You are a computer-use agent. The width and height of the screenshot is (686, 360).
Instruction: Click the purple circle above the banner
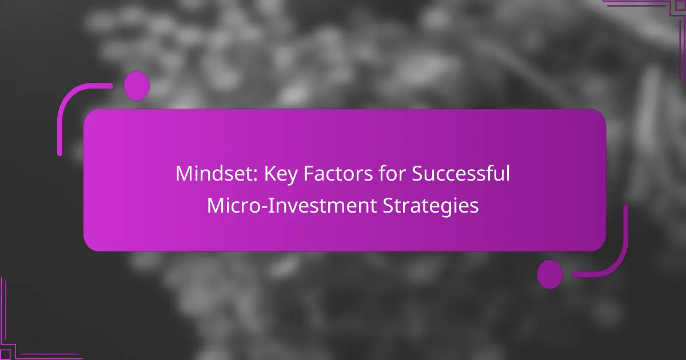137,86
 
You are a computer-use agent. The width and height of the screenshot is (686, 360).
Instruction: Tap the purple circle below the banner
550,274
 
